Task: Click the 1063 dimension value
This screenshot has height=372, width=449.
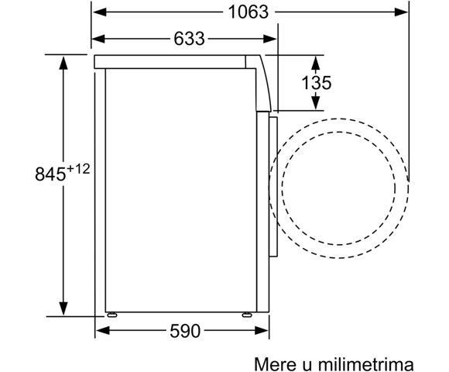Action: point(248,12)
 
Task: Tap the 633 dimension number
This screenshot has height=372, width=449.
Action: point(190,39)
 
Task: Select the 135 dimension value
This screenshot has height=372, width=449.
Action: point(317,83)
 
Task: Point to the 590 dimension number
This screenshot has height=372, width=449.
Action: point(185,331)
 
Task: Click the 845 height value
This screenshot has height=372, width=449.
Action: point(50,174)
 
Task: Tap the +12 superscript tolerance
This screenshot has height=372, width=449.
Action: point(78,169)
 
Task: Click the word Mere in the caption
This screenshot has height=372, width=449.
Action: point(276,364)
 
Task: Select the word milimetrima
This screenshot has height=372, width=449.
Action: point(366,364)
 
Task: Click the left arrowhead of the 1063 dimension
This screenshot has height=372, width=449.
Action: point(100,12)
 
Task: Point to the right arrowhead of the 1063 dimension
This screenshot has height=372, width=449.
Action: point(400,12)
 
